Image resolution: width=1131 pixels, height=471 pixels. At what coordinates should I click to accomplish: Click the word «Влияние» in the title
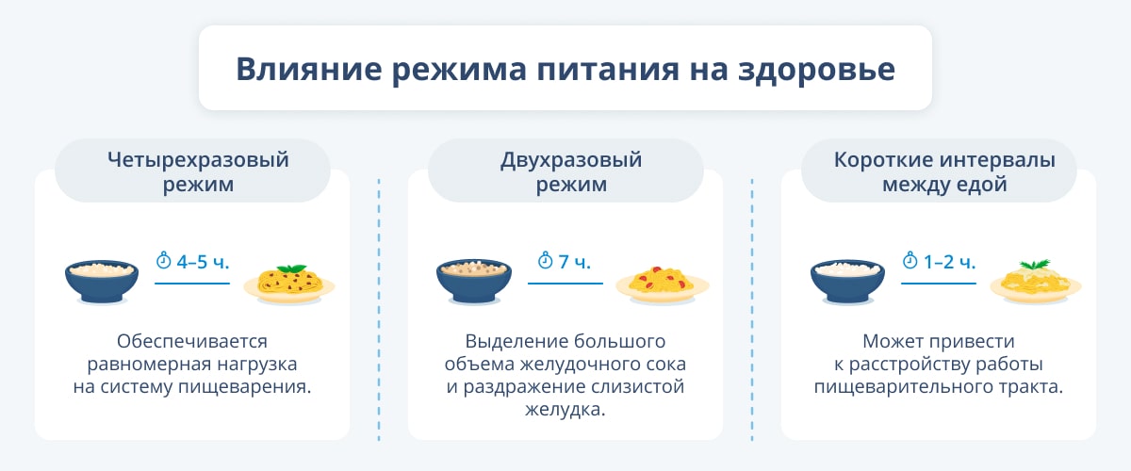point(309,69)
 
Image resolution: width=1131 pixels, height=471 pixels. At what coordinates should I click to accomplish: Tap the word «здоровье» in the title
point(816,70)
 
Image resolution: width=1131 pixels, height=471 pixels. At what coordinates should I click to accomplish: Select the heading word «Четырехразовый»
point(198,160)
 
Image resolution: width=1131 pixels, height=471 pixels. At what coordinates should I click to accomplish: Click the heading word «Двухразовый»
point(571,160)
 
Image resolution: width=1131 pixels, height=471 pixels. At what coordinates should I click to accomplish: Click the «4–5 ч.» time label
point(203,262)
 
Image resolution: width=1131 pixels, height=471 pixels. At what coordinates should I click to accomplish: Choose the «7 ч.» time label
point(575,262)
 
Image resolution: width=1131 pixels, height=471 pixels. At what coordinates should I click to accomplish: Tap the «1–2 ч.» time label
point(950,262)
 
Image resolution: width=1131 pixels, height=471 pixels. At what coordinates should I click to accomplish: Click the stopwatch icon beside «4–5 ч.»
point(163,260)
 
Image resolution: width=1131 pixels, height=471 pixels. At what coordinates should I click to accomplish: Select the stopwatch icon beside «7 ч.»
point(546,260)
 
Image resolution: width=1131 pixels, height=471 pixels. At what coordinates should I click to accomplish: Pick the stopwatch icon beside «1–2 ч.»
point(910,260)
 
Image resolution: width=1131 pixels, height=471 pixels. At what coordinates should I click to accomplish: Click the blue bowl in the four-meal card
point(102,282)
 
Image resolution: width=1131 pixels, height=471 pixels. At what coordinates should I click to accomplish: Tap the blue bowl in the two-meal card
point(473,281)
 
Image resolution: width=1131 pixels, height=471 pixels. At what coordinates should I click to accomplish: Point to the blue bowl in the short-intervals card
point(847,282)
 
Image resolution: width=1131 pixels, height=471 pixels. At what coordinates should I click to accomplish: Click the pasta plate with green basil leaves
point(289,284)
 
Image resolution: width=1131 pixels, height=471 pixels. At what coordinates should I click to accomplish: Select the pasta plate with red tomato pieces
point(663,285)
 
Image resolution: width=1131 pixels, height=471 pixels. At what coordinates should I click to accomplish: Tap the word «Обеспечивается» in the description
point(192,342)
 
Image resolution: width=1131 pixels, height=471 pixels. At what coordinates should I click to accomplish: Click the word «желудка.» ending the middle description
point(565,410)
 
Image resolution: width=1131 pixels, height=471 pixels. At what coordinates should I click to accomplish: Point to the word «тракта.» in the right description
point(1031,387)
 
